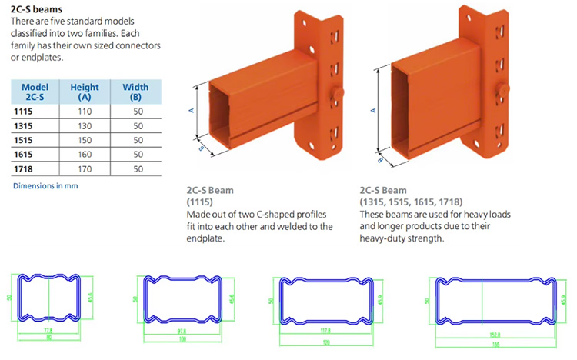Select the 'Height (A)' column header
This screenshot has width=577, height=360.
pos(85,92)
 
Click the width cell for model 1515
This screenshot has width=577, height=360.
pos(138,140)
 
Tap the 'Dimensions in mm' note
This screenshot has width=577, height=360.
pos(45,186)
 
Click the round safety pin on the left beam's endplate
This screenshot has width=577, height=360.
pos(337,94)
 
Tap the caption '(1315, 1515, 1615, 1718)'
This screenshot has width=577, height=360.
pos(411,202)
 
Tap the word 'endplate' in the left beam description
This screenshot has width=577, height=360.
pos(208,238)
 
